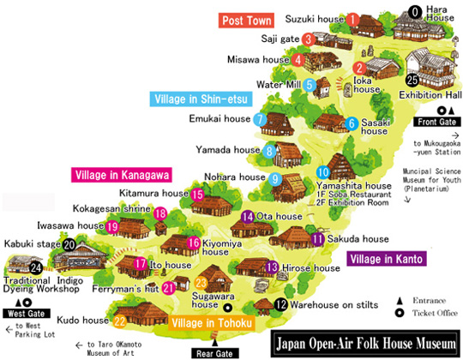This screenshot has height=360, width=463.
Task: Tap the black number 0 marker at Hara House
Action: (x=415, y=12)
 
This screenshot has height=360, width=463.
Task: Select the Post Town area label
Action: (x=245, y=20)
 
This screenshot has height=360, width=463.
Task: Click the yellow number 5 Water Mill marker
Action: (x=310, y=85)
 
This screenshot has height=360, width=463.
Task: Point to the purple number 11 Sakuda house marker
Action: (x=318, y=239)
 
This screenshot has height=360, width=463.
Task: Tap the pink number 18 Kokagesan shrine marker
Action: (x=161, y=213)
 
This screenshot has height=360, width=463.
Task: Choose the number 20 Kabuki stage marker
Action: (x=69, y=244)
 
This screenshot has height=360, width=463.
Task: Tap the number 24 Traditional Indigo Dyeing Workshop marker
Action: (x=12, y=268)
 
